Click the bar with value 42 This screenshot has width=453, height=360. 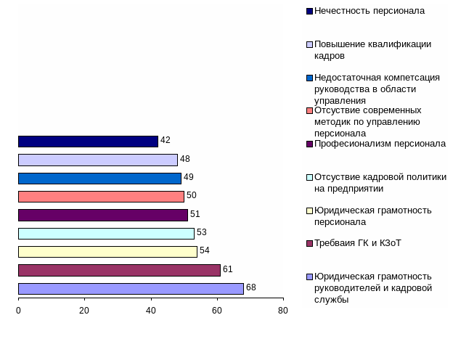(x=88, y=142)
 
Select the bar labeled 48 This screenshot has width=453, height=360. (x=98, y=160)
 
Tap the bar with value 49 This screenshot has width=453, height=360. (x=99, y=179)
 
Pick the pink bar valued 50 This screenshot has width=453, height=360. (x=101, y=197)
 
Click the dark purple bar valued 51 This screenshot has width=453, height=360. (x=103, y=215)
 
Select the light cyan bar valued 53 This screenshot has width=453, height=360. (x=106, y=234)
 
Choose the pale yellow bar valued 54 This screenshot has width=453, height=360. (x=107, y=252)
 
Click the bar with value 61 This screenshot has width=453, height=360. (x=119, y=270)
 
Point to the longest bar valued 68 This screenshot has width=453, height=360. (x=131, y=289)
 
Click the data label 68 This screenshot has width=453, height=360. (x=251, y=287)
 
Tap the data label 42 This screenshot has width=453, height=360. (x=166, y=140)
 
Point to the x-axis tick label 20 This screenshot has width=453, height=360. (x=84, y=311)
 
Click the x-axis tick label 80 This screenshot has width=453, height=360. (x=283, y=311)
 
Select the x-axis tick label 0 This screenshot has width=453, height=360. (x=18, y=311)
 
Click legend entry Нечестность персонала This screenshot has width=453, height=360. (x=370, y=11)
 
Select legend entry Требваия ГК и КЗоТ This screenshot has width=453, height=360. (x=358, y=243)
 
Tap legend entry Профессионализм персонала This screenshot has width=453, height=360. (x=380, y=144)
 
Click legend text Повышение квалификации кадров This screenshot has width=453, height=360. (x=372, y=49)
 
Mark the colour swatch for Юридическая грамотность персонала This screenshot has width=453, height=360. (x=310, y=210)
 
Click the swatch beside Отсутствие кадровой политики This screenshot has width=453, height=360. (x=310, y=177)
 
